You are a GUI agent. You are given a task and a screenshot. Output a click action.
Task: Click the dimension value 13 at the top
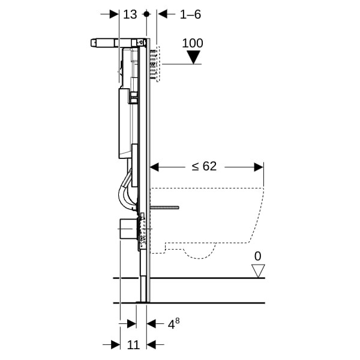130,14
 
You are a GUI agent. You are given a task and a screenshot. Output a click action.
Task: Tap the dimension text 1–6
190,14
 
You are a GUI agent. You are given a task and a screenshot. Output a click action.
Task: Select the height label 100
193,43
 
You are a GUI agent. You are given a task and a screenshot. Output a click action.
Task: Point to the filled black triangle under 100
193,57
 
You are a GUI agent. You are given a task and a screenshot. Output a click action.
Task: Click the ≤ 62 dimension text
204,166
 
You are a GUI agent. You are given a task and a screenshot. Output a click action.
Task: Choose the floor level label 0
258,256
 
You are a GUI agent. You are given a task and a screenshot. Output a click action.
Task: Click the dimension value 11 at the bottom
133,345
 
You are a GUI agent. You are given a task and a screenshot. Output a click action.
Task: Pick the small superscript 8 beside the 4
177,320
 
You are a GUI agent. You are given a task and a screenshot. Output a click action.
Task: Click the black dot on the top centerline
146,14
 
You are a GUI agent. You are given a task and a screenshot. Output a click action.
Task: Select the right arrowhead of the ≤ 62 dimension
259,167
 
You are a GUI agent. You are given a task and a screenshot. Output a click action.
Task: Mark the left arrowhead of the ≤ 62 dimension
154,167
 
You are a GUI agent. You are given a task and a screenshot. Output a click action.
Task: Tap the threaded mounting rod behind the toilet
164,208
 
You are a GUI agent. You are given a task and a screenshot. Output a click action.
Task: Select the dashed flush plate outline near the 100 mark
158,64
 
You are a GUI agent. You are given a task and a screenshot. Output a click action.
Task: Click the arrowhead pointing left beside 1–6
163,14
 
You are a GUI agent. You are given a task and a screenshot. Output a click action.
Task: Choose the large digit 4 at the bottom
171,325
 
